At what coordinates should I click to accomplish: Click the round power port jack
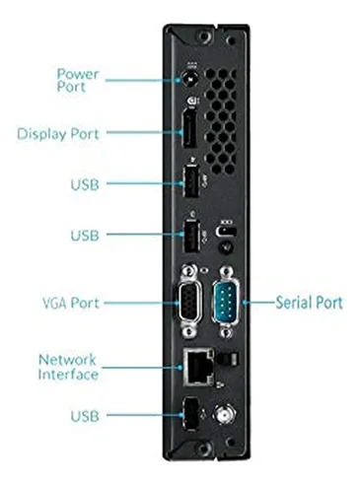click(190, 79)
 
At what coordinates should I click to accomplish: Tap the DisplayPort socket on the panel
click(189, 127)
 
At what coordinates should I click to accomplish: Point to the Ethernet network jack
click(199, 368)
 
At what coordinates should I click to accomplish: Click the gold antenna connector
click(225, 414)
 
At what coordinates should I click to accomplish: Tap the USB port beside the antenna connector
click(190, 414)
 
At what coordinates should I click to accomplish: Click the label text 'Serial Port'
click(309, 303)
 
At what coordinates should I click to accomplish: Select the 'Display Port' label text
click(58, 134)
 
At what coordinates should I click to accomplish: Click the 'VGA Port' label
click(71, 303)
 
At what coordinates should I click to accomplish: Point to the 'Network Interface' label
click(68, 367)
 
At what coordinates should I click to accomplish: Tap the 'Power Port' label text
click(78, 81)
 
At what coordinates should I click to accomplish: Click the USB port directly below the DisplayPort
click(190, 181)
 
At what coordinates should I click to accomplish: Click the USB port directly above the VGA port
click(190, 238)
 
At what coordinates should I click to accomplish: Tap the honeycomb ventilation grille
click(220, 120)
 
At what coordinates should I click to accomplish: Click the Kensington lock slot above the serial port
click(226, 231)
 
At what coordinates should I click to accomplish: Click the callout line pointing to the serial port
click(258, 302)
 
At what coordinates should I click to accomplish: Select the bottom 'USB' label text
click(85, 416)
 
